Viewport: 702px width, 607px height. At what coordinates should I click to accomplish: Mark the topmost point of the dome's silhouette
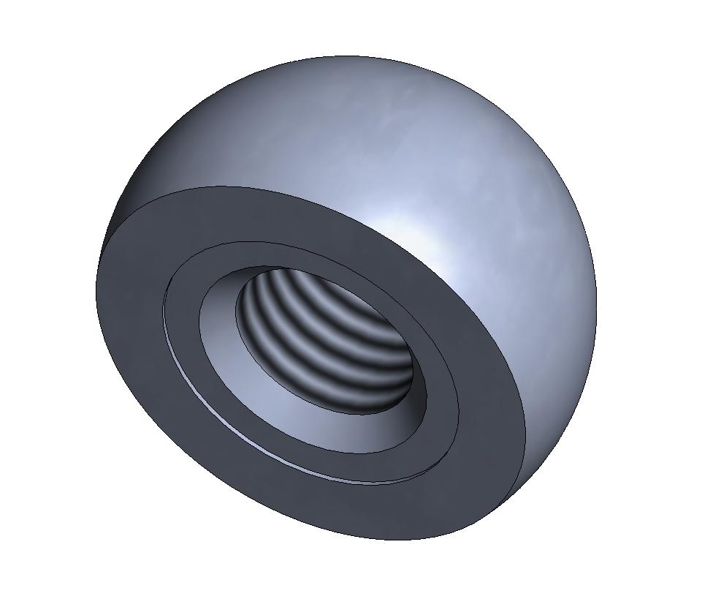point(351,56)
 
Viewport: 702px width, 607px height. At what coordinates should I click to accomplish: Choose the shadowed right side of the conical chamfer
point(431,395)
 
